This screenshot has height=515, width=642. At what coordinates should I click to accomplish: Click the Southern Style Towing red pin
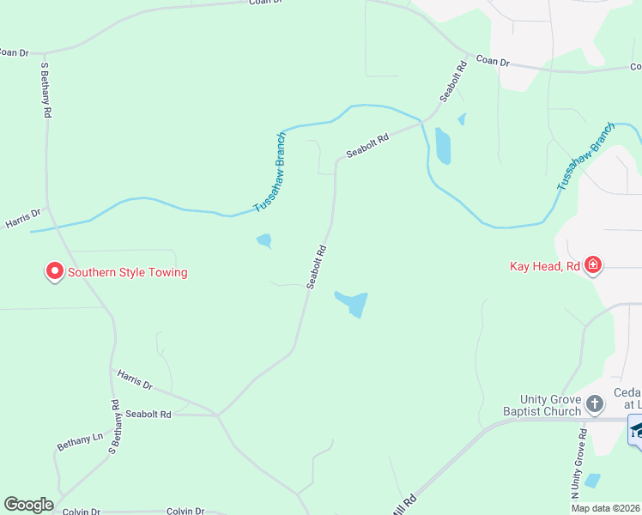55,272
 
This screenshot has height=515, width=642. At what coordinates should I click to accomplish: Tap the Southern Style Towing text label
127,273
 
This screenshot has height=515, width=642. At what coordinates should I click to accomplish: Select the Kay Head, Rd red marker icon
592,265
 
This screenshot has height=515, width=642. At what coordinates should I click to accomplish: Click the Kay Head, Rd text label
545,266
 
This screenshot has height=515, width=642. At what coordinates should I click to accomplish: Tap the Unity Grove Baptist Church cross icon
595,403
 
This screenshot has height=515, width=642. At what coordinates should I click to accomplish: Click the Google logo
28,505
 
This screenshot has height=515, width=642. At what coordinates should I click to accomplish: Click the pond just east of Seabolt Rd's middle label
352,303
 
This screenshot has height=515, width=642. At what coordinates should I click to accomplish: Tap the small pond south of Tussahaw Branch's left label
264,241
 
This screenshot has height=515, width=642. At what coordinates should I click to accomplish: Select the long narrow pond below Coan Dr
443,145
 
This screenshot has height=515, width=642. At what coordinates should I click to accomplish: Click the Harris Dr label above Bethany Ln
134,380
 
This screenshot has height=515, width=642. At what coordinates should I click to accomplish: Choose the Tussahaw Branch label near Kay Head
586,156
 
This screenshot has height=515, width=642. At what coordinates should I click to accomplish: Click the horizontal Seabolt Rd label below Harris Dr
148,414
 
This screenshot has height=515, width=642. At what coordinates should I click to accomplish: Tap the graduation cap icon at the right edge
637,429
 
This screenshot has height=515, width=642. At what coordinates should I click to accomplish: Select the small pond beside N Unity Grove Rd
591,481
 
